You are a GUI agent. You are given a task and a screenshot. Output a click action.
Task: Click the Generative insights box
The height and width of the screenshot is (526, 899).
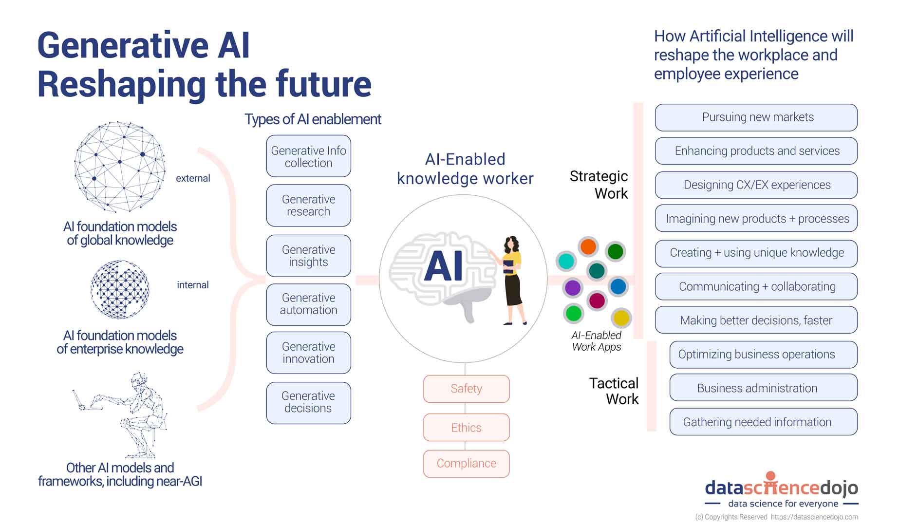tap(308, 256)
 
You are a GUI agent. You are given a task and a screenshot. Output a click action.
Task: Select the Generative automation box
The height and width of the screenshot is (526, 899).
tap(308, 304)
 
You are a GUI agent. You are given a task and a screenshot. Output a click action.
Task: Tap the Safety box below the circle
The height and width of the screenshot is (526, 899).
tap(466, 389)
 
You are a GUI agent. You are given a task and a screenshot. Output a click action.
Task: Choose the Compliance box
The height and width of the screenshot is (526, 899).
tap(466, 463)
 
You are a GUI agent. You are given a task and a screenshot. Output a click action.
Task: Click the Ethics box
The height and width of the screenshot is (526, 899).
tap(466, 428)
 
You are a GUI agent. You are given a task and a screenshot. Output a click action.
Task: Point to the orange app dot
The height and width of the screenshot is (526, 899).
tap(588, 246)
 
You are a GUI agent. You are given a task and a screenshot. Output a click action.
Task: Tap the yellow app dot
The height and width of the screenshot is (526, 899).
tap(621, 318)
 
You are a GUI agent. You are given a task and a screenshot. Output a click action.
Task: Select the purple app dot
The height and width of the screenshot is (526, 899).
tap(573, 287)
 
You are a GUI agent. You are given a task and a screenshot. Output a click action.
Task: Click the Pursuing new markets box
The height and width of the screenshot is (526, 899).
tap(756, 117)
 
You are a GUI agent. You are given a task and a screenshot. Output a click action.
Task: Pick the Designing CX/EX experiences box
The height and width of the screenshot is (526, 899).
tap(756, 185)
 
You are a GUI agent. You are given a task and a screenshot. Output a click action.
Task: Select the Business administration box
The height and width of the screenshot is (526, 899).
tap(763, 388)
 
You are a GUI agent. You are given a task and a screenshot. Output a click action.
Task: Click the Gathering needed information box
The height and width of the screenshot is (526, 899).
tap(763, 422)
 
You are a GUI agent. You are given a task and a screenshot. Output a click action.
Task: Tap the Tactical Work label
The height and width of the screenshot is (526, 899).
tap(614, 391)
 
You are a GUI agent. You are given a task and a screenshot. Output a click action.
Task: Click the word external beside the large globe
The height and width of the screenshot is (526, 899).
tap(193, 178)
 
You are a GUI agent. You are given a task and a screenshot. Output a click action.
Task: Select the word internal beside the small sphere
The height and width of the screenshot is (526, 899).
tap(192, 285)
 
